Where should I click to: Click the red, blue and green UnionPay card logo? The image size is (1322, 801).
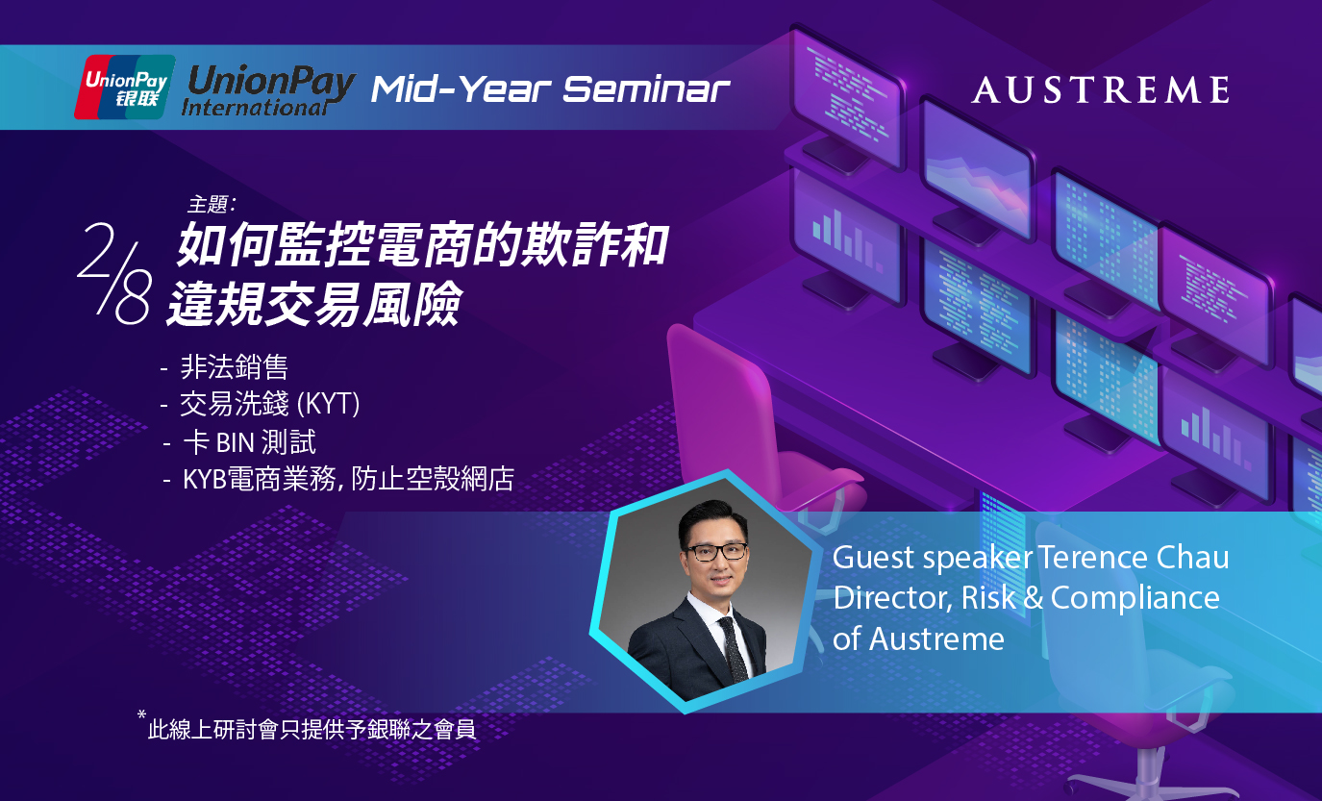click(125, 88)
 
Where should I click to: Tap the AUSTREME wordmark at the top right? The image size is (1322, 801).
click(1101, 90)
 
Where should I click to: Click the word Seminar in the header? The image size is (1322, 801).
click(646, 89)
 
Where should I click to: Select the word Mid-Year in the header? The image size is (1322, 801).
click(461, 89)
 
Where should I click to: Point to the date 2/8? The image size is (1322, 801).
click(113, 273)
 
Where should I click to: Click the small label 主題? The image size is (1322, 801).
click(212, 204)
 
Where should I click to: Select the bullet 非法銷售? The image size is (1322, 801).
click(234, 366)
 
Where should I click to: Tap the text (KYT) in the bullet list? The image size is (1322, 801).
click(328, 404)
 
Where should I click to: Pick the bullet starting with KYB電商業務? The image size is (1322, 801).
click(348, 479)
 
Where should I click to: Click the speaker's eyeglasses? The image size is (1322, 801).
click(716, 552)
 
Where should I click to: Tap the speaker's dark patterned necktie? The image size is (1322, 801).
click(733, 649)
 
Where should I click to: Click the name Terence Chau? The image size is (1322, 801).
click(1134, 557)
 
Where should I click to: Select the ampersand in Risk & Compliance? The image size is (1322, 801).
click(1033, 598)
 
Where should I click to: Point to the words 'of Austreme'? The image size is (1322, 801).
click(918, 639)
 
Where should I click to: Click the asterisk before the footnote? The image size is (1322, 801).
click(141, 714)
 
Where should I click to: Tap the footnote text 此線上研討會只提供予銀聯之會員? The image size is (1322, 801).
click(312, 730)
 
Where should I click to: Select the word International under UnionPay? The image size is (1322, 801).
click(255, 108)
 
